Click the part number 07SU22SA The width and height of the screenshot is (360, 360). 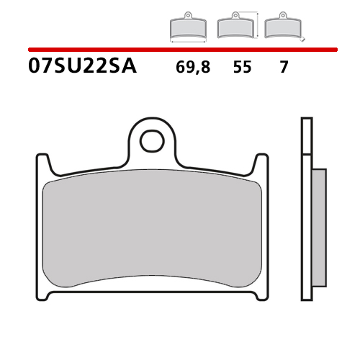[82, 66]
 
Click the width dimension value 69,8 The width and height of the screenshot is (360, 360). [193, 67]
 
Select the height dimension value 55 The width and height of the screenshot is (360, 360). [242, 67]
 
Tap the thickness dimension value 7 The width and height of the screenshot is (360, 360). [284, 67]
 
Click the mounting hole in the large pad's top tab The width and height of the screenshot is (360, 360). [152, 141]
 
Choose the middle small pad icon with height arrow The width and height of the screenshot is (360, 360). [235, 24]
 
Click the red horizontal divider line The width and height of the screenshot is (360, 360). [183, 50]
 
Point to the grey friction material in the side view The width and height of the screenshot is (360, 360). [319, 228]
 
